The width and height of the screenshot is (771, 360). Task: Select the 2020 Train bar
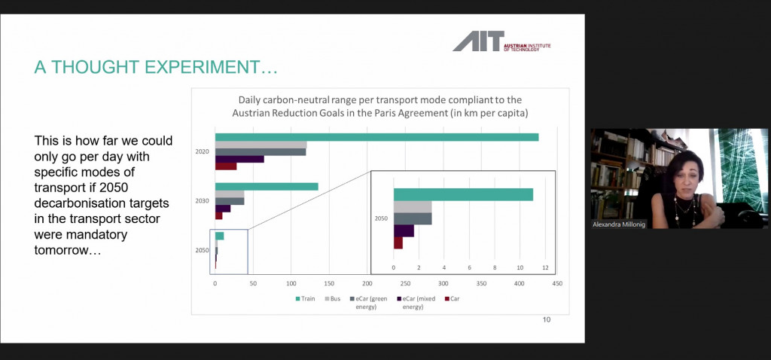(376, 137)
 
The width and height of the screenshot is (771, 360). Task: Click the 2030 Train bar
(267, 186)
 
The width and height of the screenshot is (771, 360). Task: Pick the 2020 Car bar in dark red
(226, 166)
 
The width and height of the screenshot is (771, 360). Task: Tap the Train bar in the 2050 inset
(463, 194)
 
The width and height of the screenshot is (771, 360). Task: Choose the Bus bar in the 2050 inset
(413, 206)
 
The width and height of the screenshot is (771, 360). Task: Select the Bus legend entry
(332, 299)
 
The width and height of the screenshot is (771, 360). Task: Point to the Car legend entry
(452, 299)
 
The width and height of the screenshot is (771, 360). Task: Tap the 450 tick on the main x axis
(557, 284)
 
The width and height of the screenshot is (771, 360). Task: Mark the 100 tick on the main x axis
(291, 284)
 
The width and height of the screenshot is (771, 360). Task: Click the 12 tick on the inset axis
(544, 267)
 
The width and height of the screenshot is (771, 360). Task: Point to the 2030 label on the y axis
(202, 201)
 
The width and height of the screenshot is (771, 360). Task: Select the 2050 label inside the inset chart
(382, 218)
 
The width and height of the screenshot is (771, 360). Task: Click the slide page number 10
(547, 320)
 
